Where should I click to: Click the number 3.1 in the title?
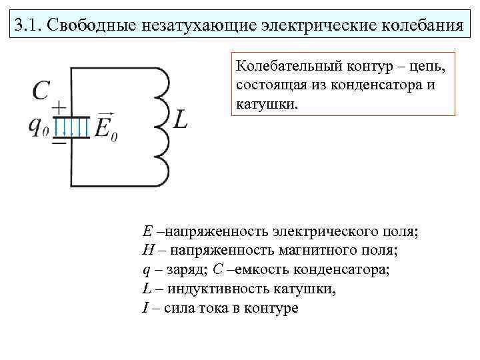pyautogui.click(x=27, y=27)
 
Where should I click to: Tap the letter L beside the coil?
pyautogui.click(x=181, y=120)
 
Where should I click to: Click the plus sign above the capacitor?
pyautogui.click(x=59, y=107)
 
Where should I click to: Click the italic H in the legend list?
pyautogui.click(x=147, y=251)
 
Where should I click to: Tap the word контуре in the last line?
pyautogui.click(x=265, y=309)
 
